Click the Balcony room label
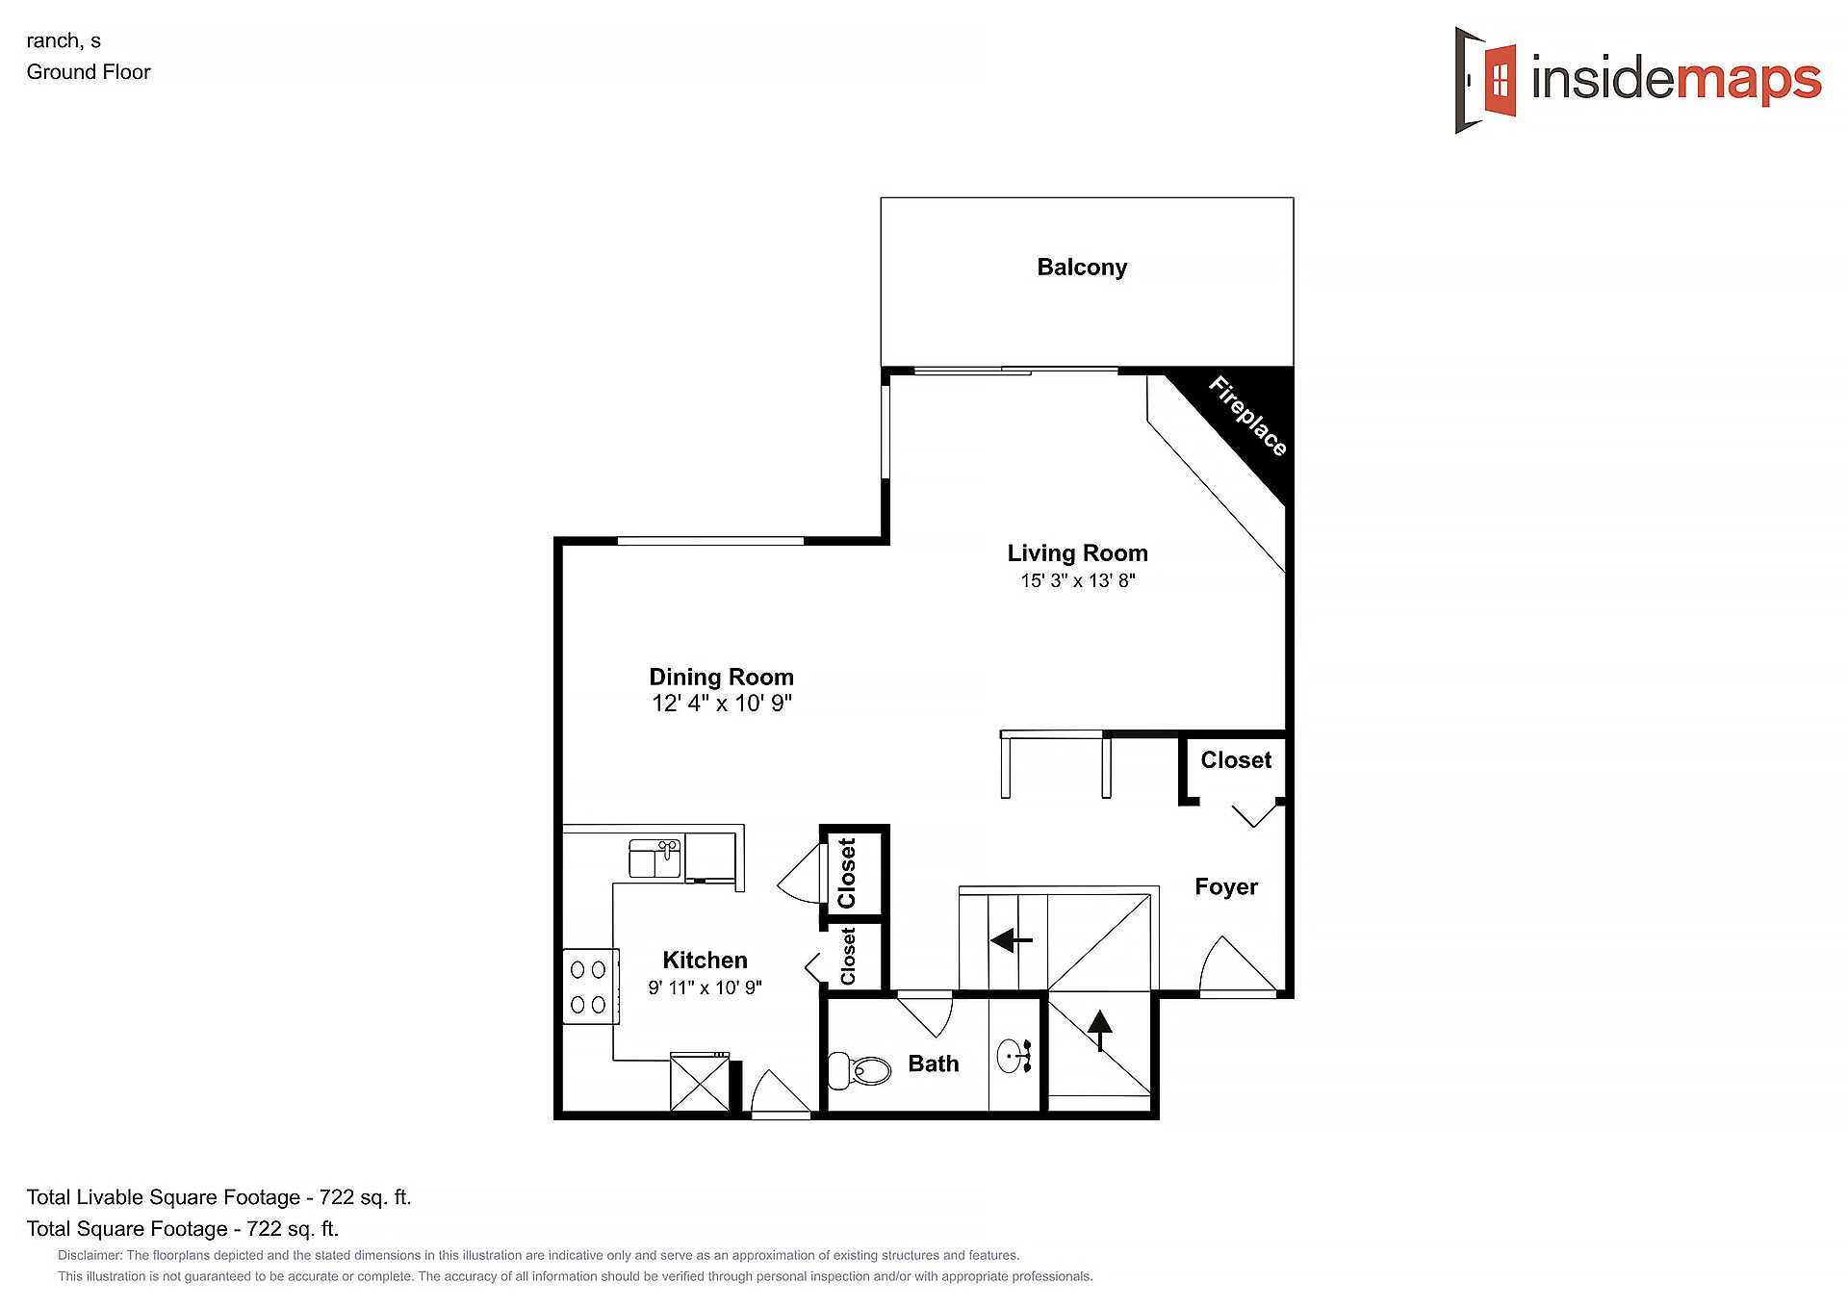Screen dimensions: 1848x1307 coord(1082,268)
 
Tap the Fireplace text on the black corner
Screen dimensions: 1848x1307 coord(1248,416)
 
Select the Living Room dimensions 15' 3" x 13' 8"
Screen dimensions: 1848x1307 coord(1078,580)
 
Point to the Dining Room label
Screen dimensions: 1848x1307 coord(721,677)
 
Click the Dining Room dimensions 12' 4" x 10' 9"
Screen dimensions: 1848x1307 coord(722,704)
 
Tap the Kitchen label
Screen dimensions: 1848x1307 coord(705,960)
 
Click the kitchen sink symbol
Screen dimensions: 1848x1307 coord(655,859)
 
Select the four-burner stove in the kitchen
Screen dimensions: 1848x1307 coord(590,987)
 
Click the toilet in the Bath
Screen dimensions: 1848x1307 coord(860,1070)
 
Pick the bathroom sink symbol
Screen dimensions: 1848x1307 coord(1014,1056)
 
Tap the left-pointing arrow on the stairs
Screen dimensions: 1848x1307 coord(1011,939)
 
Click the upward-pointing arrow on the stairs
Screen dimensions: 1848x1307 coord(1099,1030)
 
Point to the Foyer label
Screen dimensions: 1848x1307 coord(1226,886)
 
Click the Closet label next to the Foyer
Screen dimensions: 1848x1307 coord(1236,760)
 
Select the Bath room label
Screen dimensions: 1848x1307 coord(934,1064)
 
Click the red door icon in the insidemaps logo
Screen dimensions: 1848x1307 coord(1500,79)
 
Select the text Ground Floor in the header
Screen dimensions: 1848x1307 coord(89,72)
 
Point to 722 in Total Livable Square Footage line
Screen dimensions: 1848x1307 coord(337,1197)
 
